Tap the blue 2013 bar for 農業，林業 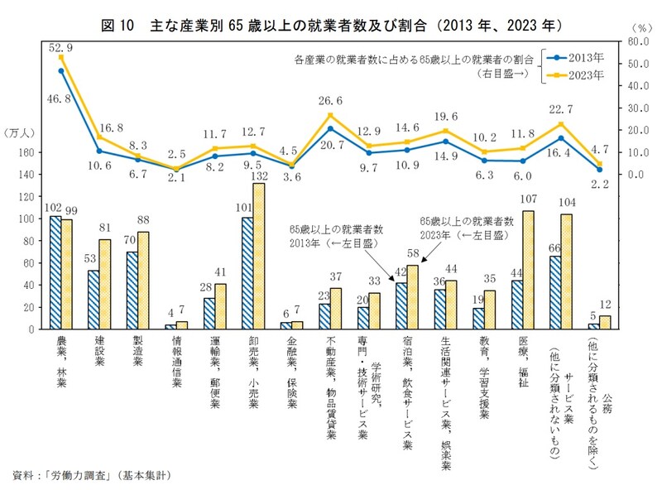click(x=55, y=272)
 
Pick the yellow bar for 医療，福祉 click(x=528, y=270)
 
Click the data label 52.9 click(x=61, y=47)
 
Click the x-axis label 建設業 click(x=99, y=353)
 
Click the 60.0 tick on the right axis click(x=636, y=41)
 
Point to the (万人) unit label click(x=20, y=133)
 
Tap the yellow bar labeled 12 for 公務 click(x=604, y=322)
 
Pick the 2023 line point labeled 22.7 click(x=562, y=124)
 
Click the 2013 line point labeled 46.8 click(x=61, y=70)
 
